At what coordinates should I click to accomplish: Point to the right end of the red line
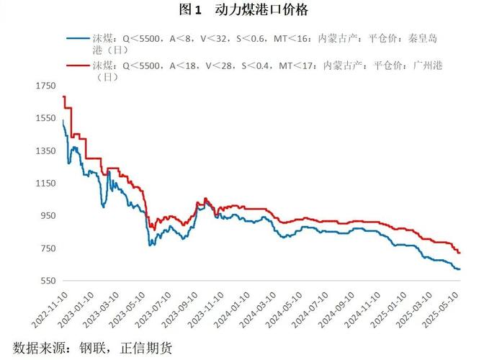[x=460, y=253]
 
